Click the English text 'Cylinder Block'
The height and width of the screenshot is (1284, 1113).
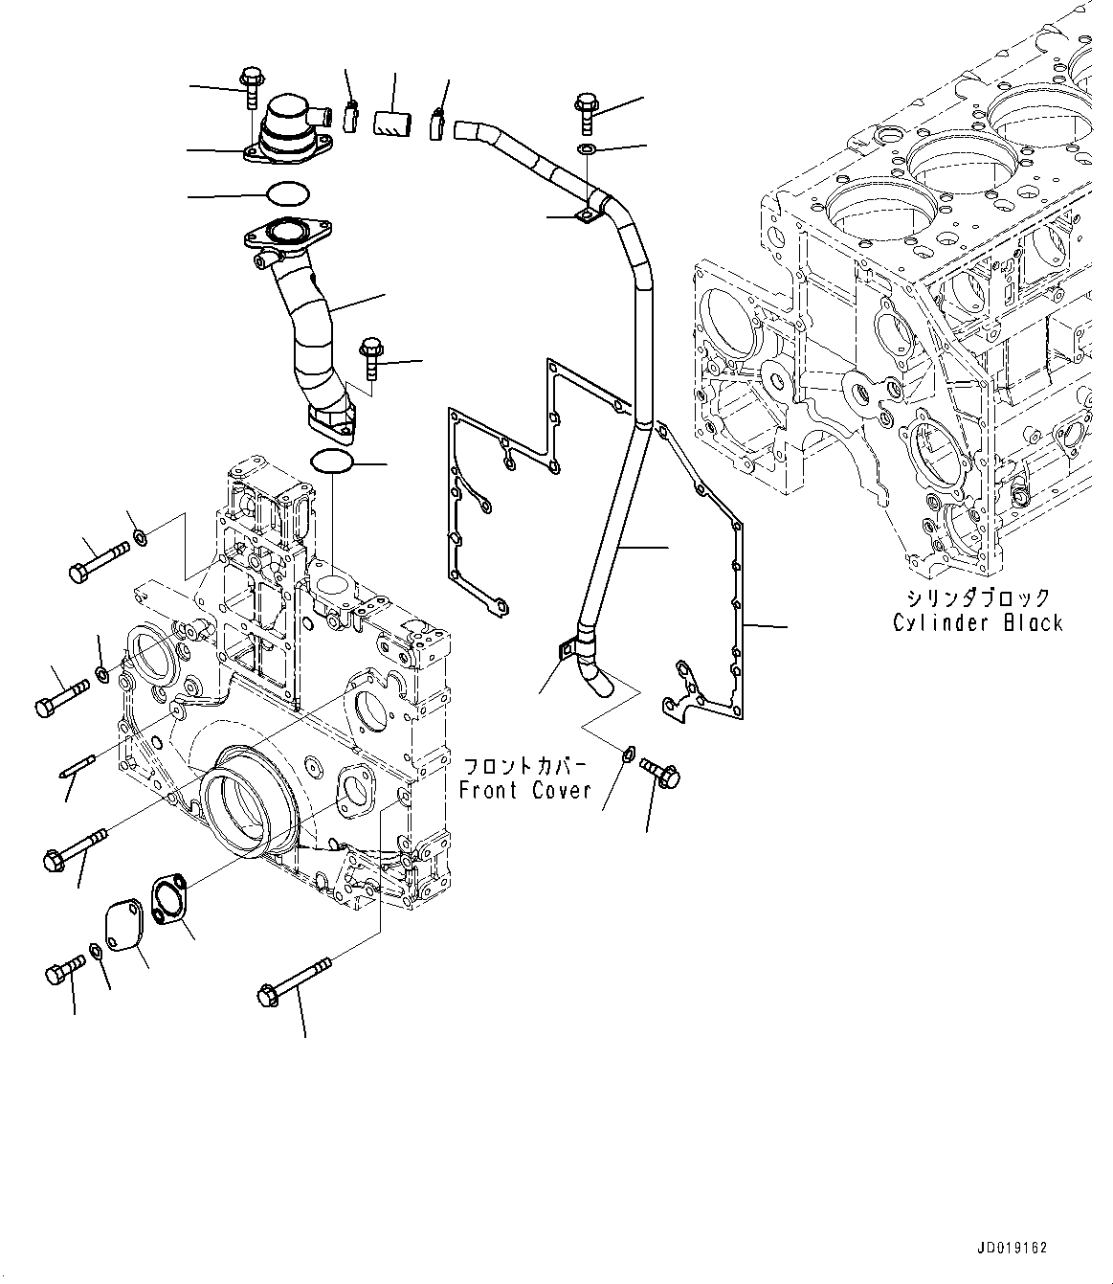click(x=977, y=623)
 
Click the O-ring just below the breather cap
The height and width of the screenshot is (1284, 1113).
click(x=287, y=194)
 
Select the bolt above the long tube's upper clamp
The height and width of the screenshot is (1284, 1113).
click(x=587, y=111)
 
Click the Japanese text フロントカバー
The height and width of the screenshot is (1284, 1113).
click(x=524, y=767)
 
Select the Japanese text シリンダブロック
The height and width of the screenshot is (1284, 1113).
click(x=977, y=598)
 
